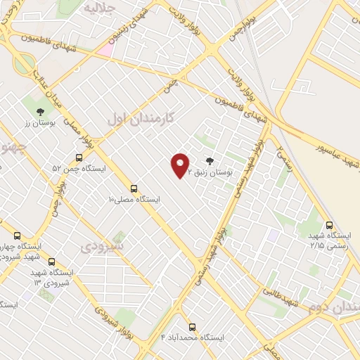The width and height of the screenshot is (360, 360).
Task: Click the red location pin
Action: point(180,165)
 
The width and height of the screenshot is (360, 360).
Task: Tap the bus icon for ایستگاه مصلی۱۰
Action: point(134,188)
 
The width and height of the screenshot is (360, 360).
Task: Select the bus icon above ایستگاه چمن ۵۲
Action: point(79,158)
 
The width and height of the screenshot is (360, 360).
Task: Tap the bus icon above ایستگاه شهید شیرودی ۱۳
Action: point(51,262)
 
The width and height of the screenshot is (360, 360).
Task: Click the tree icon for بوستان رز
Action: point(39,112)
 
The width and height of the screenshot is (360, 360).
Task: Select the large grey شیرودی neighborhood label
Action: point(102,247)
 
